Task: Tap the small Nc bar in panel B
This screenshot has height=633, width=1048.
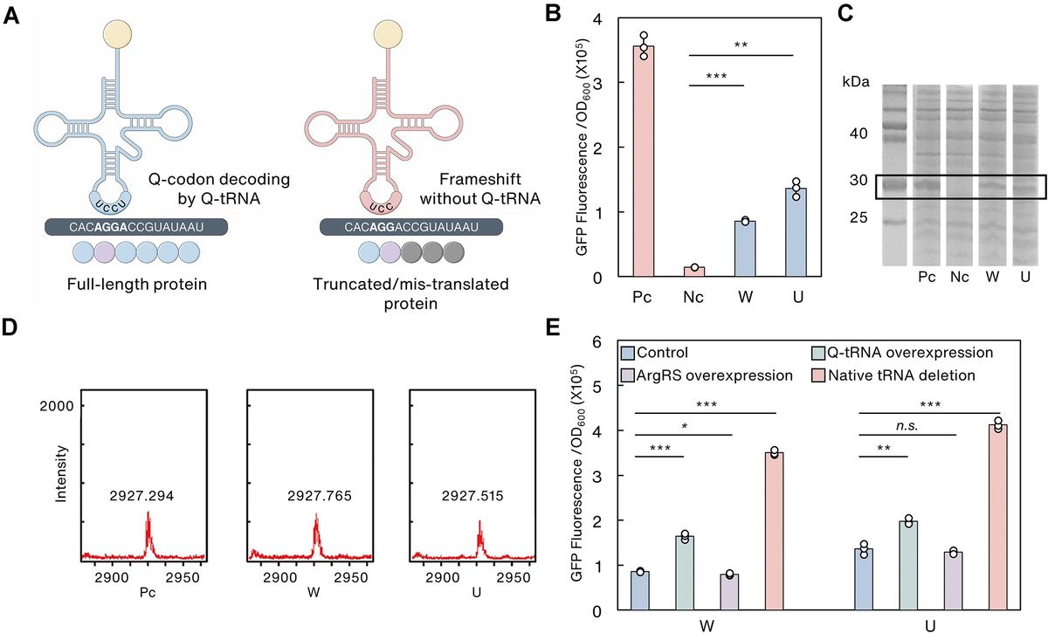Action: coord(694,272)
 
